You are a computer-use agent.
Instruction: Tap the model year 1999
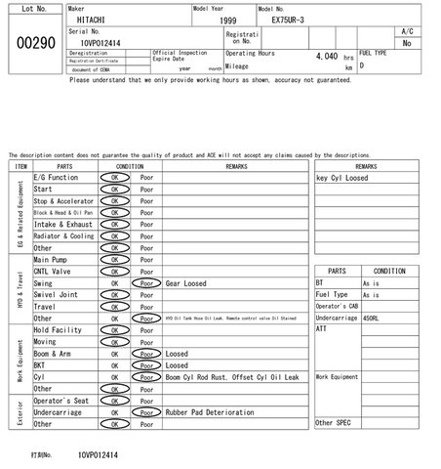pos(227,20)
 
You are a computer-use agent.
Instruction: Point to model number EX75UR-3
pos(289,20)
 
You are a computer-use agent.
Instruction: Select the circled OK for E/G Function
pos(114,178)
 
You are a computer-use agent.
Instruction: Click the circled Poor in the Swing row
pos(146,283)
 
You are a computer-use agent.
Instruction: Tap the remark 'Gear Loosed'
pos(185,283)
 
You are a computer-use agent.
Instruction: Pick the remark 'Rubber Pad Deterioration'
pos(209,412)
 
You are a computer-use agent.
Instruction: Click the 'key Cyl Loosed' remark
pos(342,178)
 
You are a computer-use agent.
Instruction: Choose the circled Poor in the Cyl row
pos(146,377)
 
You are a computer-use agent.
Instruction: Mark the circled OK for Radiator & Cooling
pos(114,236)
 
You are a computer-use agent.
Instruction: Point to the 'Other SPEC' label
pos(332,423)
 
